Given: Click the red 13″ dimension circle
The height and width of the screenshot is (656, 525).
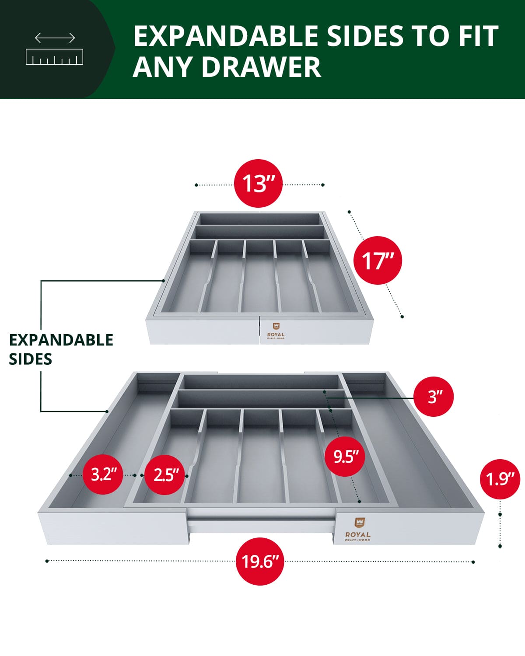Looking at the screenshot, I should [259, 183].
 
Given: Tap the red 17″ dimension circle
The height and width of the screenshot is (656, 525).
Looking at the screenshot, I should [377, 261].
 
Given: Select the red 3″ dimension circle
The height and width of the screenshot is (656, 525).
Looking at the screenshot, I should [433, 397].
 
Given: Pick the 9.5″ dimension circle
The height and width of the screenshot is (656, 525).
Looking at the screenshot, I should [345, 457].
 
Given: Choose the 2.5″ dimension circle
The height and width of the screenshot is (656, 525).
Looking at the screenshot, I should [166, 475].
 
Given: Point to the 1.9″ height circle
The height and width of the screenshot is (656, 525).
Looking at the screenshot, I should [500, 479].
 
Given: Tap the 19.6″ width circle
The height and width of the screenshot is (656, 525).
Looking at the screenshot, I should [260, 562].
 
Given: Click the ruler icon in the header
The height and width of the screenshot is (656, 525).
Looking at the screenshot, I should [55, 57].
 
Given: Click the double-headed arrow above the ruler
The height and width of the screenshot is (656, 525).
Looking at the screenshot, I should [55, 38].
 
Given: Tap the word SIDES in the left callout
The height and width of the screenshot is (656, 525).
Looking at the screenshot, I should [31, 359].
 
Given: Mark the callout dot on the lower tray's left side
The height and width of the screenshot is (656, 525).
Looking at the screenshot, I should [107, 412].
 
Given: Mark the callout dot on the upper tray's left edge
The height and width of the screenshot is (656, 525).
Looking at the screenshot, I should [163, 280].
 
